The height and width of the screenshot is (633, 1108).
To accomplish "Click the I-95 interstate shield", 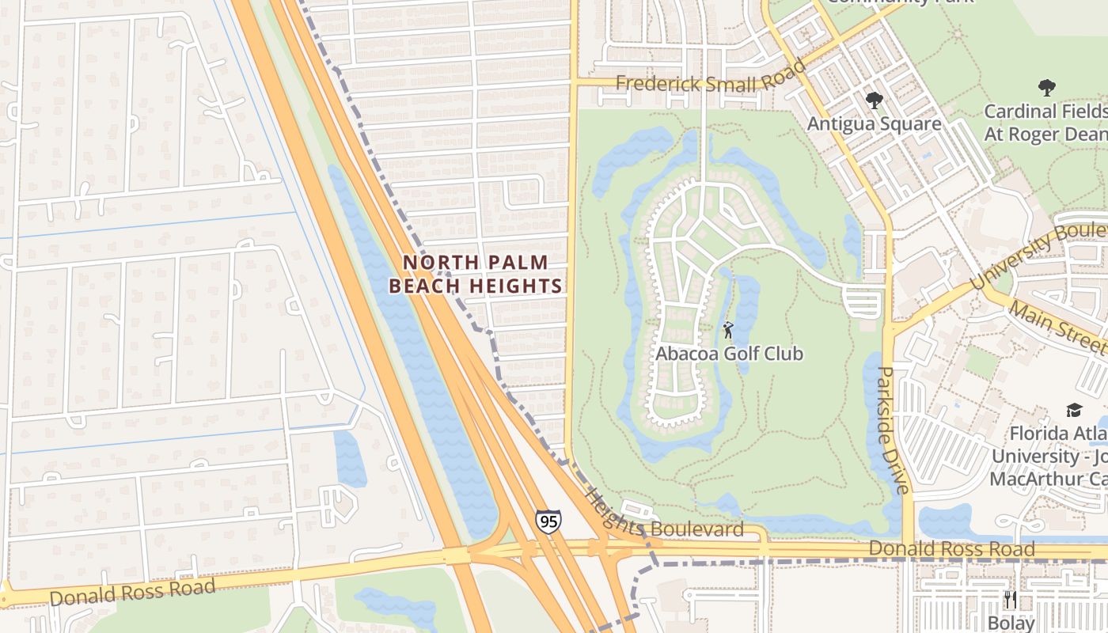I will tap(548, 521).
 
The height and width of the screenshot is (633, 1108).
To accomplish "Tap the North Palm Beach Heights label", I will tap(476, 274).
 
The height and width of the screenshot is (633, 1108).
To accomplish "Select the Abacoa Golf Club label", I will tap(729, 354).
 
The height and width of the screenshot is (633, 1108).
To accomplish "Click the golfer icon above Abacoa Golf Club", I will tap(728, 329).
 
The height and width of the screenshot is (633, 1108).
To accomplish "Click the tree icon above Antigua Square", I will tap(874, 100).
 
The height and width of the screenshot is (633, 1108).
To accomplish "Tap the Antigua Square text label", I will tap(874, 124).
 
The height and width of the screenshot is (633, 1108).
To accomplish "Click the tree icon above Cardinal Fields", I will tap(1046, 87).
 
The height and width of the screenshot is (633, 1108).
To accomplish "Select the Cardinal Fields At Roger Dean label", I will tap(1045, 123).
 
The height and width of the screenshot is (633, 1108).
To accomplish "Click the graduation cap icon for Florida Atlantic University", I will tap(1074, 410).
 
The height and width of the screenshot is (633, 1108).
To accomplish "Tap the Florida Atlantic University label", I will tap(1049, 457).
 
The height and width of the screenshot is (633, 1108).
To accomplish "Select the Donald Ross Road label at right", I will tap(951, 548).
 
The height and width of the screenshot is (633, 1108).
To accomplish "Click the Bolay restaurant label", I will tap(1011, 623).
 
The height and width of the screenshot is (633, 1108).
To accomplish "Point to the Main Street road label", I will tap(1056, 324).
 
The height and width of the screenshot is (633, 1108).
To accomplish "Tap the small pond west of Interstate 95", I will tap(350, 458).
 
